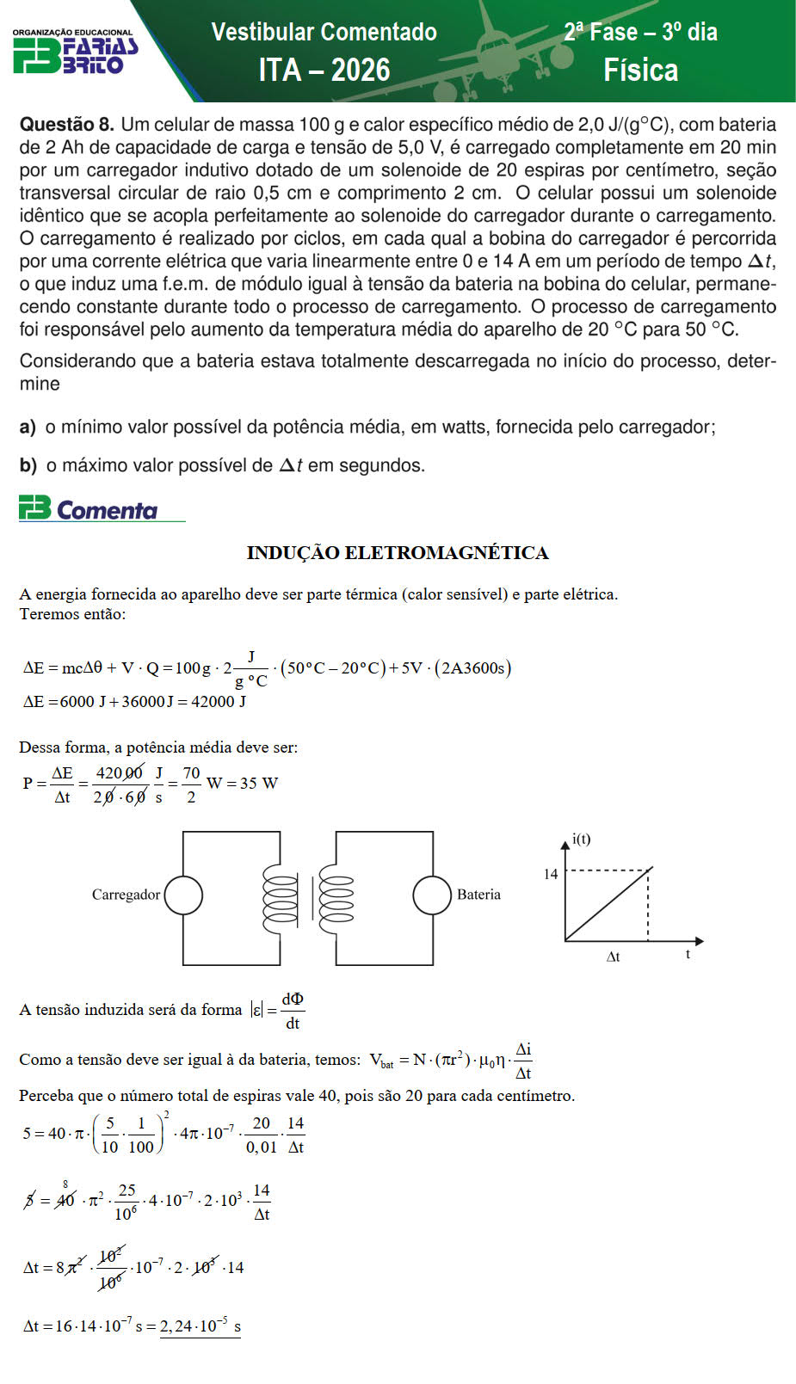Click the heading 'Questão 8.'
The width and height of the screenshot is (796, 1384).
click(x=66, y=125)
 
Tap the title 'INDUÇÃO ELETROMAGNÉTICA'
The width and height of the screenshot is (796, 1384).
click(x=398, y=553)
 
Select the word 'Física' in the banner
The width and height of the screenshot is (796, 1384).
click(x=640, y=71)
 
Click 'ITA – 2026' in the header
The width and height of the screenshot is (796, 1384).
click(x=324, y=70)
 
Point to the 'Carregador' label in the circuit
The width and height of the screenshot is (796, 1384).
click(x=126, y=895)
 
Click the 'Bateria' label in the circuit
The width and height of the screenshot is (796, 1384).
click(x=478, y=895)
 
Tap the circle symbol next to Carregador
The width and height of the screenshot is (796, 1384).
click(x=183, y=895)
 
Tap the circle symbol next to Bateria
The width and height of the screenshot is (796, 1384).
click(x=432, y=895)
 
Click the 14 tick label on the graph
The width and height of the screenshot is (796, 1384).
click(x=551, y=874)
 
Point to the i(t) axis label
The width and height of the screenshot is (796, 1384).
click(x=582, y=840)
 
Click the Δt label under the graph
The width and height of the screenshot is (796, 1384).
click(x=614, y=956)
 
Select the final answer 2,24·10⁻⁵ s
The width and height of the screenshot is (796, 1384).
click(x=200, y=1326)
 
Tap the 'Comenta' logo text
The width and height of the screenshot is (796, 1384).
click(x=107, y=511)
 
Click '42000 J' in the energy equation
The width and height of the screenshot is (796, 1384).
click(x=219, y=702)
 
